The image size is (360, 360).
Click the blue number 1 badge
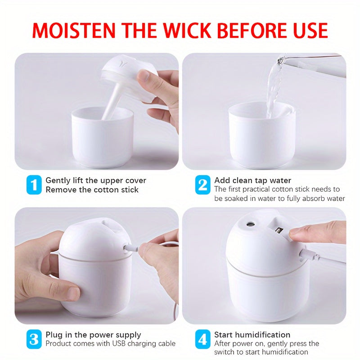click(34, 185)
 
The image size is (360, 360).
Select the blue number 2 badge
click(202, 185)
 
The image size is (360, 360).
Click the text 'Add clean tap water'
click(252, 180)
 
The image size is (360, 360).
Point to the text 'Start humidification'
click(252, 335)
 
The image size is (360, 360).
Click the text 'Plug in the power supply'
click(93, 335)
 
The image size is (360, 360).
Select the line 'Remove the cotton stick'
click(92, 190)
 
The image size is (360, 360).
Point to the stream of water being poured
click(274, 88)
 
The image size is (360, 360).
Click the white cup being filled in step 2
click(261, 135)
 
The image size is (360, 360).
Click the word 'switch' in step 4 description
click(225, 352)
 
